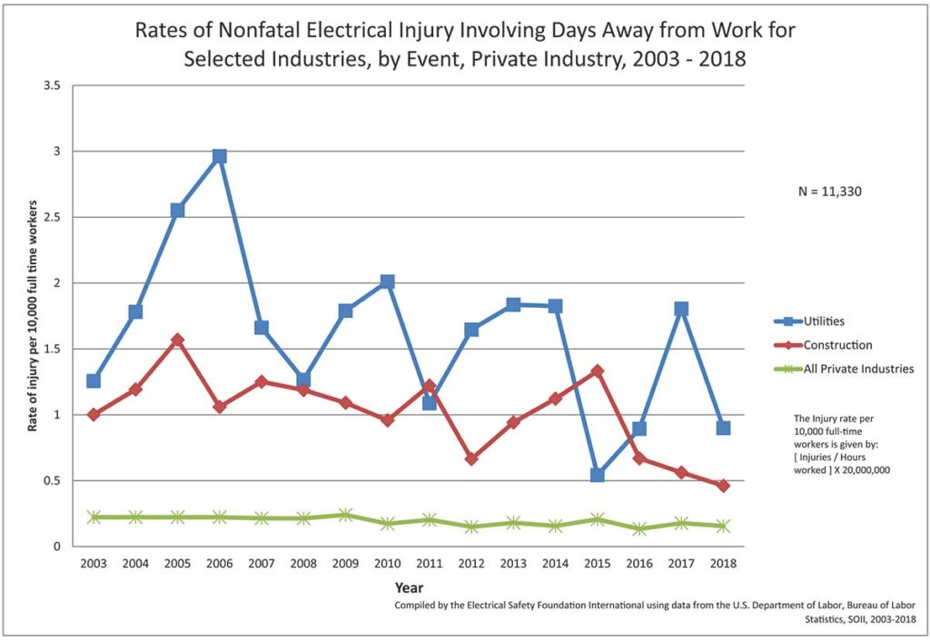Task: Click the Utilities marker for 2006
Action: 219,156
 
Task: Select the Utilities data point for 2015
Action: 597,475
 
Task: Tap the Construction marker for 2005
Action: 177,340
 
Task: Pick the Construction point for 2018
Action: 723,486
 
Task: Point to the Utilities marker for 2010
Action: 387,281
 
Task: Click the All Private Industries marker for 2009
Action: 345,515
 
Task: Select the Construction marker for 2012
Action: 471,459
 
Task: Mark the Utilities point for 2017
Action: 681,309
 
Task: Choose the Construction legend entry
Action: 827,345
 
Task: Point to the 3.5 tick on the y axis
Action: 51,85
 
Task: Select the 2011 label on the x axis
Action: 430,564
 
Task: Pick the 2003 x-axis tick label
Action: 94,564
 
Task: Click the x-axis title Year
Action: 409,587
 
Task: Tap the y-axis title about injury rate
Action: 32,317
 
